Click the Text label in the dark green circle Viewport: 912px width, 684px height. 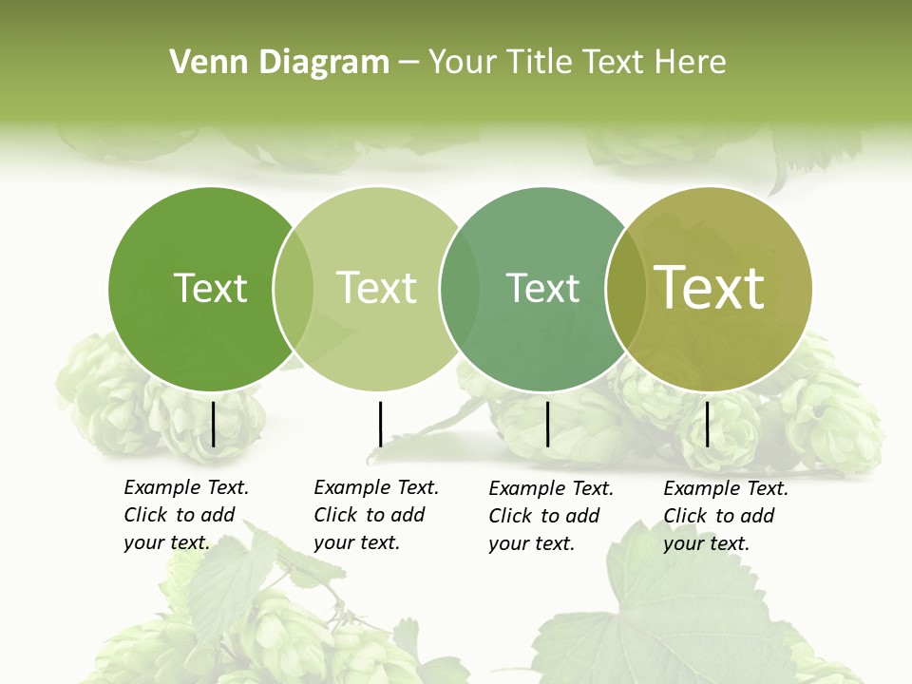tap(210, 288)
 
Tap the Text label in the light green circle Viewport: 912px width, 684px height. tap(376, 288)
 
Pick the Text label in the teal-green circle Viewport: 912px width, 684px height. tap(542, 288)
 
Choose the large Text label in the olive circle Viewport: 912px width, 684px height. tap(710, 288)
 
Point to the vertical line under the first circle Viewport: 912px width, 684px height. tap(213, 424)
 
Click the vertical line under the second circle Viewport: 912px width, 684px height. tap(380, 424)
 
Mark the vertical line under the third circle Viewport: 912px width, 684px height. tap(547, 424)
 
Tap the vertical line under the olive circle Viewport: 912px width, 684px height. tap(707, 424)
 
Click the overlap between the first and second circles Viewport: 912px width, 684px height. tap(294, 289)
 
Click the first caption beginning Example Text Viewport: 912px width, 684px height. tap(186, 515)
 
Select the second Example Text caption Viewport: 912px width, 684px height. tap(376, 515)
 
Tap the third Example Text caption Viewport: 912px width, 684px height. tap(551, 516)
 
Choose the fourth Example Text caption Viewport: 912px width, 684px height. tap(726, 516)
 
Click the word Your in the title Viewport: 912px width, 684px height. tap(463, 63)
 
